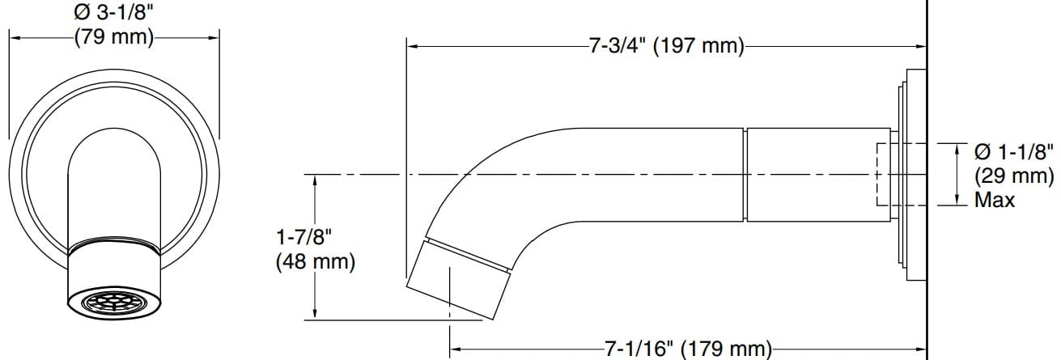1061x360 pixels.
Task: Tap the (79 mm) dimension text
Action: (x=113, y=37)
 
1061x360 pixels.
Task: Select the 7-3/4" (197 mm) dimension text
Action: (x=666, y=46)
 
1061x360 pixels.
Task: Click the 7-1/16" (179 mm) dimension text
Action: (x=688, y=349)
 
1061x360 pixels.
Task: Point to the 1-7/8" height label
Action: (x=304, y=238)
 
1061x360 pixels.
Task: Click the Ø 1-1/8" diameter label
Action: (x=1014, y=152)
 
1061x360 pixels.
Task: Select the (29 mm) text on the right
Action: (x=1014, y=176)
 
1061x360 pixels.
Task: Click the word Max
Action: (x=995, y=199)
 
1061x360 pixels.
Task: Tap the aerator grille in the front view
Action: (x=114, y=303)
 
